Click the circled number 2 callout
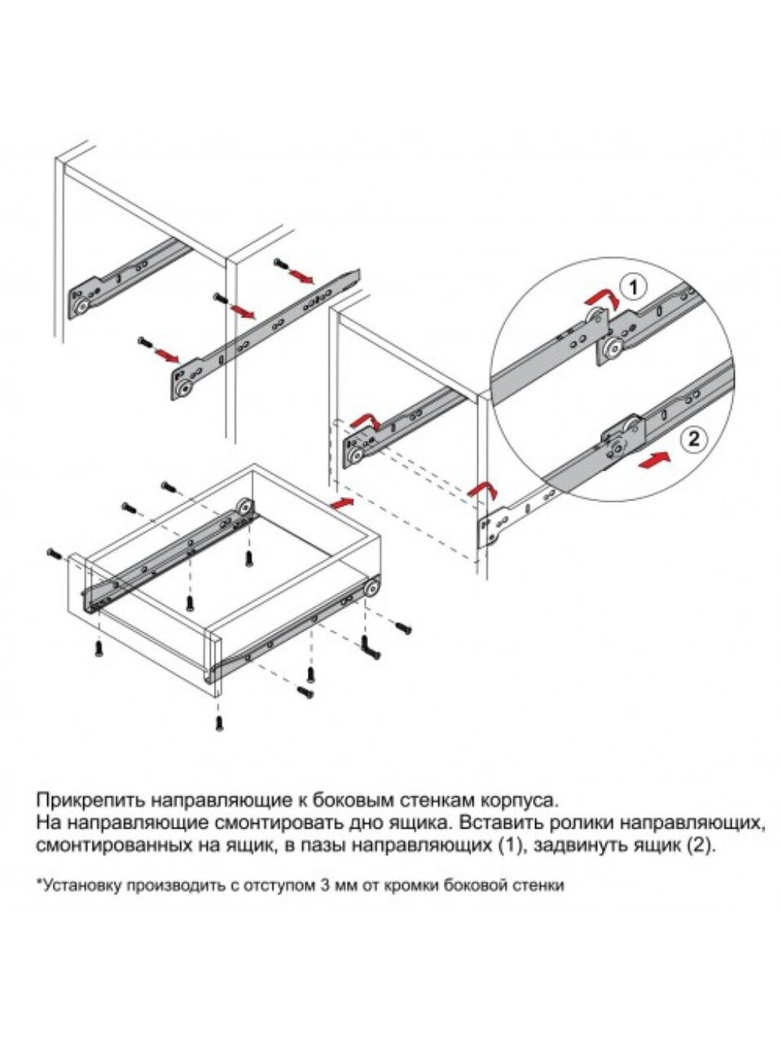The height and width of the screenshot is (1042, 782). (692, 440)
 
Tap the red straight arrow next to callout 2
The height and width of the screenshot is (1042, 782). (655, 459)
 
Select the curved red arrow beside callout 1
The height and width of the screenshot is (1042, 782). (602, 300)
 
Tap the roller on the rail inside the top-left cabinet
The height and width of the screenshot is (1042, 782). (81, 307)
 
